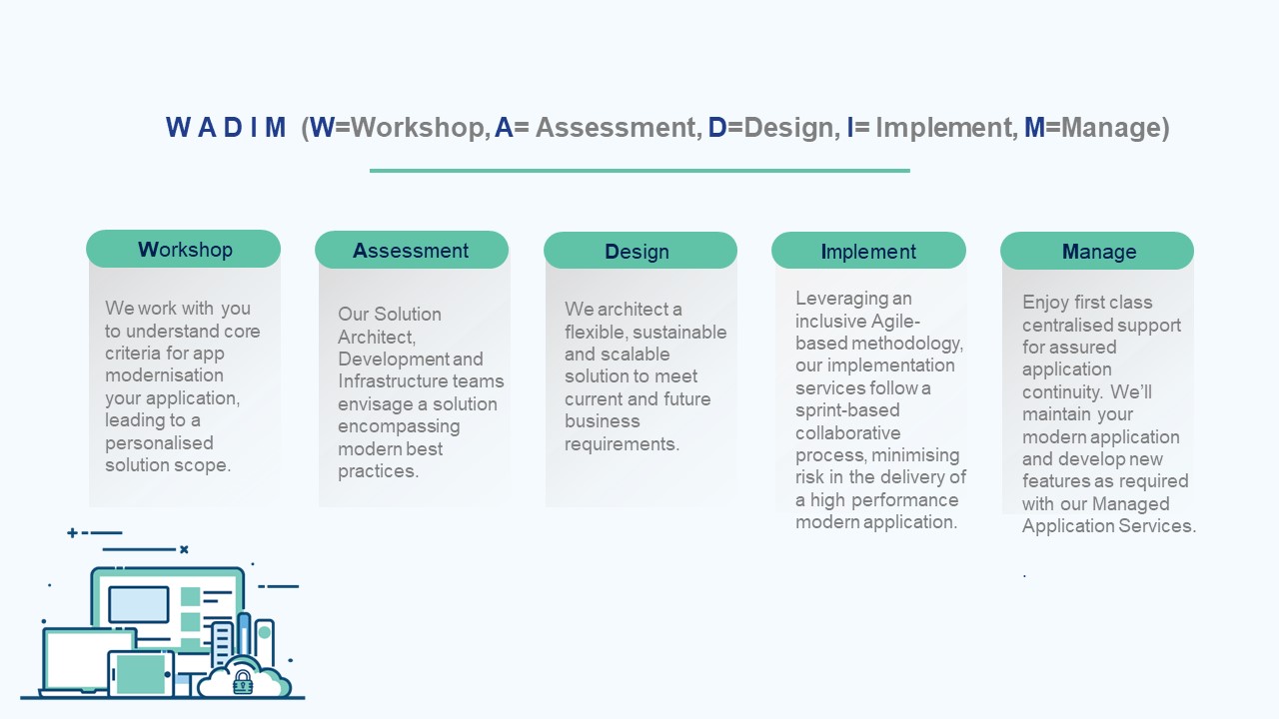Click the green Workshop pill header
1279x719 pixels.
tap(183, 249)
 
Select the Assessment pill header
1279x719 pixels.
tap(412, 250)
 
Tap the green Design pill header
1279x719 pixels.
tap(640, 251)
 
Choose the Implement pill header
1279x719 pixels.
tap(868, 251)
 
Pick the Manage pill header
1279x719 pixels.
tap(1097, 251)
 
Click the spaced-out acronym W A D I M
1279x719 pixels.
tap(226, 127)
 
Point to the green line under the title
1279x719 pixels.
tap(639, 170)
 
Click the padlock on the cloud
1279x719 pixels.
tap(243, 682)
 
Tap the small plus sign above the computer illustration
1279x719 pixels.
tap(72, 533)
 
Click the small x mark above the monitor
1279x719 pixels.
tap(184, 549)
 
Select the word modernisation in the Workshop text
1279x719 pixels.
tap(165, 375)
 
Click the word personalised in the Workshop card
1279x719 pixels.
tap(159, 443)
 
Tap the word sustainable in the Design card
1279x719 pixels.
tap(679, 333)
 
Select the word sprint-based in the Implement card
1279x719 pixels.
tap(847, 410)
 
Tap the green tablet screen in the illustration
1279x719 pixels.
tap(141, 674)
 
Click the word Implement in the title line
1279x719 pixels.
tap(944, 127)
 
